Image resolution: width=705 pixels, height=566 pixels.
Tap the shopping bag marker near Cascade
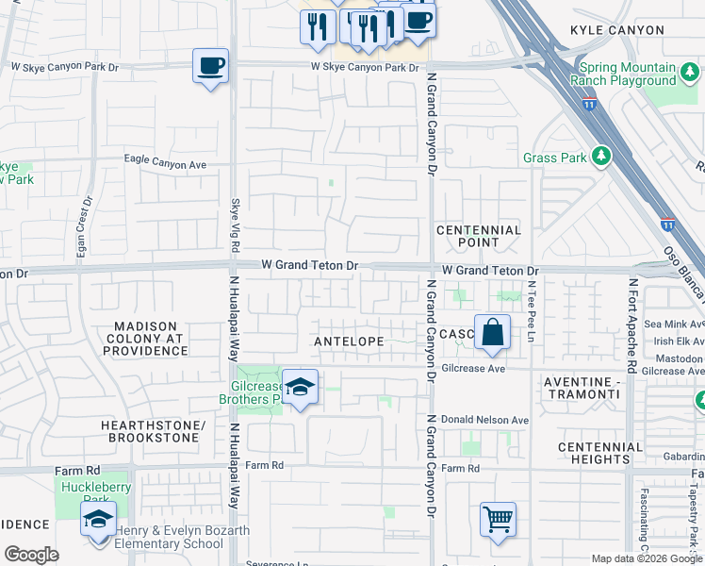click(492, 332)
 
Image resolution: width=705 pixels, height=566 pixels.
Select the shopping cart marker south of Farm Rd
click(498, 519)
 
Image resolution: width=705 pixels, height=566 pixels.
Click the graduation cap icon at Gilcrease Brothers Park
click(300, 387)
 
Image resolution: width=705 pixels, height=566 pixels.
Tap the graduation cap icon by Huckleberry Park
click(98, 520)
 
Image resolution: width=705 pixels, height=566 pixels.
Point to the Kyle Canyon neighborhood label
click(616, 31)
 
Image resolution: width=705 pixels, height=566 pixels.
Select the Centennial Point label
click(479, 236)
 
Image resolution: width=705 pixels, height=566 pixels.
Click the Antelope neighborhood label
click(348, 341)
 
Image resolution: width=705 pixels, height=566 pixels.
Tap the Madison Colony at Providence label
click(145, 339)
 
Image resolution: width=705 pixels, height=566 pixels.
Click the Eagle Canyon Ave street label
click(165, 163)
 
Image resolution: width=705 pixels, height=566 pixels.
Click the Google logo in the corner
click(31, 555)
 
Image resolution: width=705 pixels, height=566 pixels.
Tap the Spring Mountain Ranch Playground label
click(628, 75)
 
